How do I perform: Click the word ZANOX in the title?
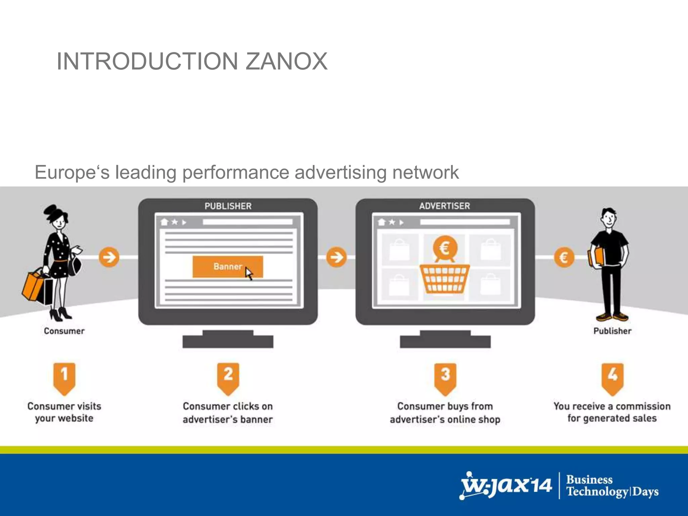[286, 61]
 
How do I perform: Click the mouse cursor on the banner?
[249, 273]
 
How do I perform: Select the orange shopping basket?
[444, 279]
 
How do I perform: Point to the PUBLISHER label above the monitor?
[228, 206]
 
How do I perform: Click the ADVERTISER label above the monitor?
[444, 206]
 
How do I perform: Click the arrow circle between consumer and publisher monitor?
[109, 257]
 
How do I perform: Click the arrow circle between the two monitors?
[336, 257]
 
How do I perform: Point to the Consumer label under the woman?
[64, 331]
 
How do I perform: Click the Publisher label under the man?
[612, 331]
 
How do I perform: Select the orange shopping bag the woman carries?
[33, 286]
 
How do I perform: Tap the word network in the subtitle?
[425, 172]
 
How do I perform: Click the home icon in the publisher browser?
[164, 222]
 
